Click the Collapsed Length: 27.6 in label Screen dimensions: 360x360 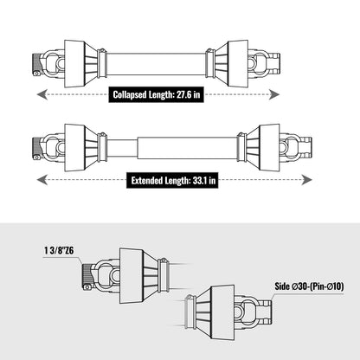click(x=157, y=94)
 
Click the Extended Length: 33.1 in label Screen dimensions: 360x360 click(x=173, y=181)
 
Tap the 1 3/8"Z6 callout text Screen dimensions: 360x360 click(x=59, y=250)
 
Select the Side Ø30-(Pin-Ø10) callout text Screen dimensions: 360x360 click(x=309, y=286)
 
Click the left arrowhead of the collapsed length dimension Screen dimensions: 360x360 click(x=42, y=94)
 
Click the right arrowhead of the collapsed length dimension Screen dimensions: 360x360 click(x=274, y=94)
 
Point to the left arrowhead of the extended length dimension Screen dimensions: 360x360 click(x=42, y=180)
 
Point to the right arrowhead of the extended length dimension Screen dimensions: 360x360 click(x=306, y=180)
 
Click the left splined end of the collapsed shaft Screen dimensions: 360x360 click(x=35, y=64)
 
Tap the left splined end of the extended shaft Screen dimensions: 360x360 click(x=35, y=149)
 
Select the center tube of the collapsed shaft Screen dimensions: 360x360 click(x=156, y=64)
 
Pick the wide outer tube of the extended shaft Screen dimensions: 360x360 click(x=188, y=148)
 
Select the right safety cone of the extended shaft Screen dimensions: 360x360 click(x=264, y=147)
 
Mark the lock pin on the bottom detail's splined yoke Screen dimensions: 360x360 click(x=87, y=287)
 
